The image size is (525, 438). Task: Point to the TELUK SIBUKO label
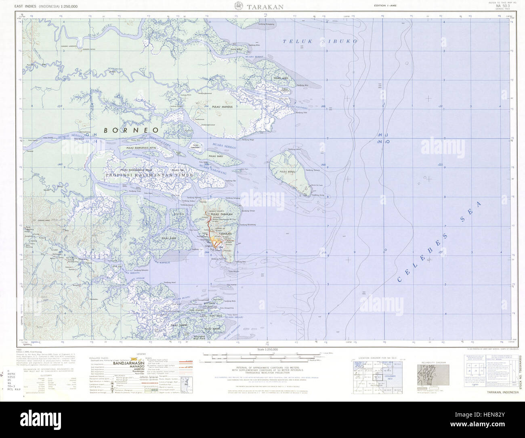coord(319,41)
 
